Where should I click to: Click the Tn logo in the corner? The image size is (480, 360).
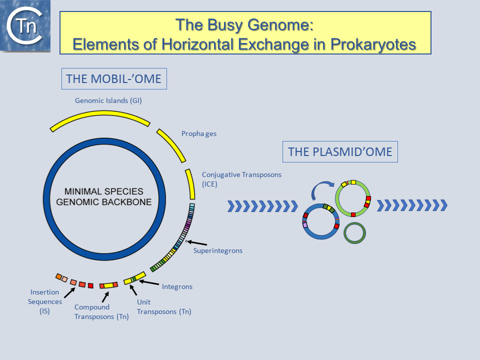click(x=25, y=26)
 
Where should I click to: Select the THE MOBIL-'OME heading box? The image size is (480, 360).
click(x=114, y=79)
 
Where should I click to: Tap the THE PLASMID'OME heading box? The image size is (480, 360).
click(x=340, y=151)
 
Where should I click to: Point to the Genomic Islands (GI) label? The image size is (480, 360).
click(x=108, y=100)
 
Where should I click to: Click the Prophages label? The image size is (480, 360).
click(x=198, y=134)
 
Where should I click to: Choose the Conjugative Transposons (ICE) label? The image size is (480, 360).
click(x=241, y=179)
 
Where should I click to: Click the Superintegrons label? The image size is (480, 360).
click(x=217, y=250)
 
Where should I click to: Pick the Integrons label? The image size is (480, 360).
click(x=177, y=286)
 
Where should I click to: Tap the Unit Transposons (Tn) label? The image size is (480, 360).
click(x=164, y=306)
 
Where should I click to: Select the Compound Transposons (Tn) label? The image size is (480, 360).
click(x=101, y=311)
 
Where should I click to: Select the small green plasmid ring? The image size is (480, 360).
click(x=355, y=233)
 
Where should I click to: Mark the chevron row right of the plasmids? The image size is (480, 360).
click(x=411, y=205)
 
